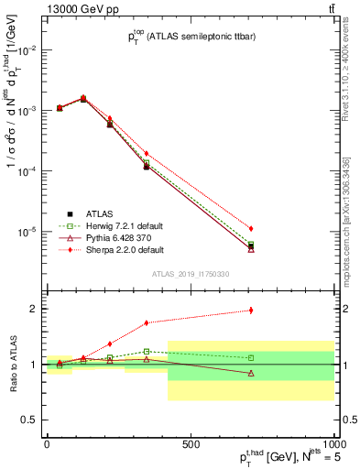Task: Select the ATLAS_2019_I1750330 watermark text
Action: pyautogui.click(x=190, y=274)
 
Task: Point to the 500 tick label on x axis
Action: pyautogui.click(x=191, y=443)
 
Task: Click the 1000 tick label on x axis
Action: pyautogui.click(x=332, y=443)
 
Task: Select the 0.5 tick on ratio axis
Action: pyautogui.click(x=32, y=420)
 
